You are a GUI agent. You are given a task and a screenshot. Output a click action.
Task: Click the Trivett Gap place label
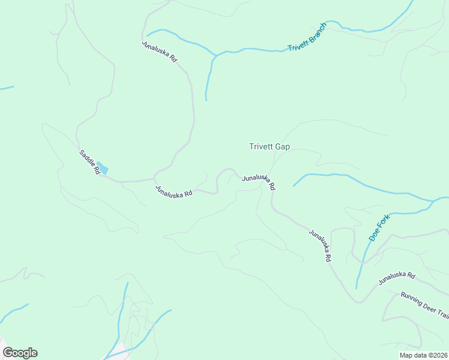270,146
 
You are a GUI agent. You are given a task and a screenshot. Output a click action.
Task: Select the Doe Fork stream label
379,227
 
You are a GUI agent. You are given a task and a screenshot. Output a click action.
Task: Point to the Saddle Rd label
89,162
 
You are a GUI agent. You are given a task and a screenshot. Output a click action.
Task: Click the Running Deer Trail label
425,305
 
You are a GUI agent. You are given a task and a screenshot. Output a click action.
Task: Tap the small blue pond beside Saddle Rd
103,168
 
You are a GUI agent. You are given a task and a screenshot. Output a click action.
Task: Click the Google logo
20,353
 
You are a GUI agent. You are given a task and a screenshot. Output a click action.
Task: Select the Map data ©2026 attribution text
423,355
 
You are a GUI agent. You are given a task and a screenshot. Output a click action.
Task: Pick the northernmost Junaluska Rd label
160,52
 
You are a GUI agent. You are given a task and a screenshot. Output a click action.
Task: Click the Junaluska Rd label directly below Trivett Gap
259,181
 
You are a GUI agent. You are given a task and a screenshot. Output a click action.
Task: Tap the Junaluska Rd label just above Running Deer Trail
397,278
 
